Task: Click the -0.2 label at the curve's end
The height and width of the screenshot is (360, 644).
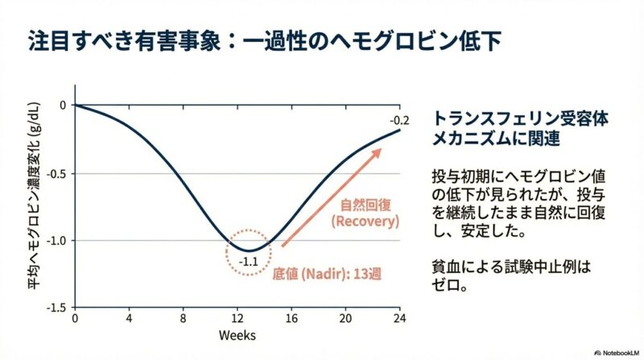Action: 399,121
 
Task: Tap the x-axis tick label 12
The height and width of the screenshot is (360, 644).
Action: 237,317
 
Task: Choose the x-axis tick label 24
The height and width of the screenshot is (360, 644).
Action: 399,317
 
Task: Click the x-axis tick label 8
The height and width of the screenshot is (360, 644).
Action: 183,317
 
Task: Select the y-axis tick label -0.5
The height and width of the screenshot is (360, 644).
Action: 56,173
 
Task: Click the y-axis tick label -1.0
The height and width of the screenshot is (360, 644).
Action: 56,241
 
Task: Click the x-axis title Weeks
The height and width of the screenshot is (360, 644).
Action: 237,333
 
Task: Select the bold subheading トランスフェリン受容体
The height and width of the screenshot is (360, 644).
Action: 520,118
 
